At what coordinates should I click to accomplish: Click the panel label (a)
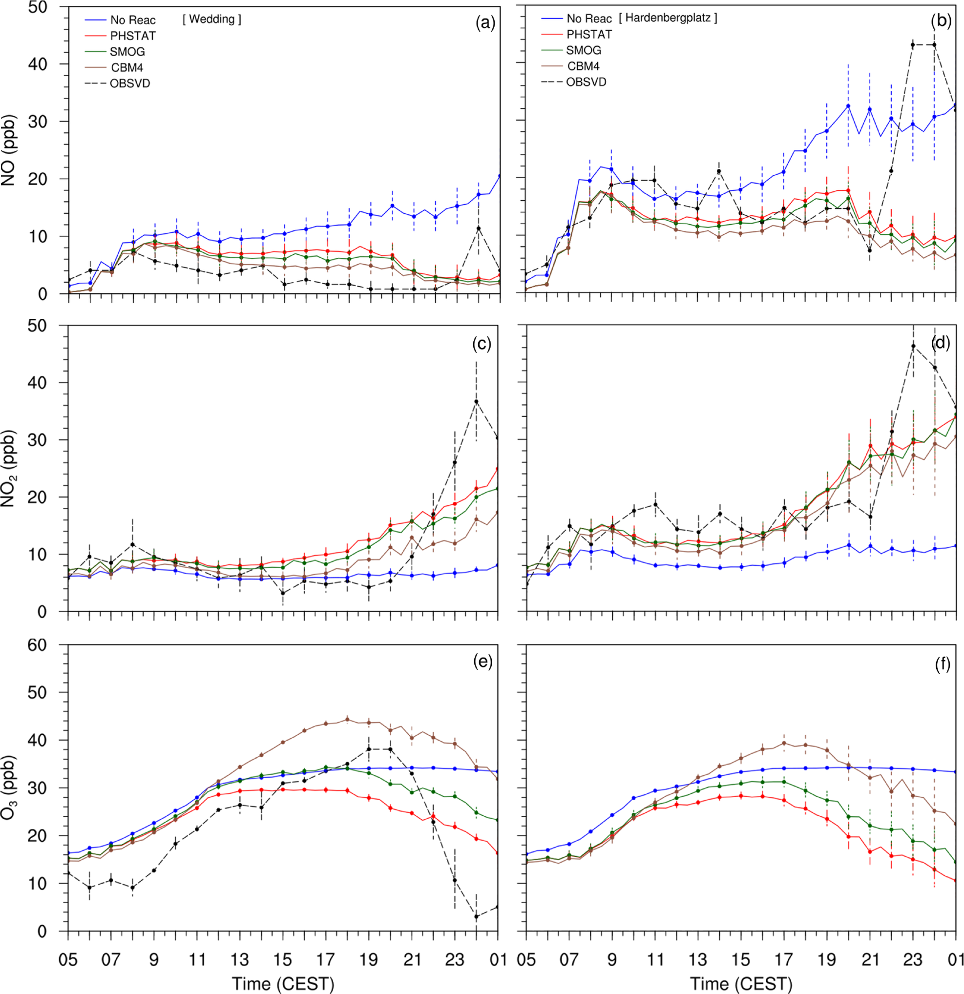coord(484,23)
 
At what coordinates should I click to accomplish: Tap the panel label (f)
coord(942,664)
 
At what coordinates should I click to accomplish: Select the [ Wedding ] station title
coord(211,19)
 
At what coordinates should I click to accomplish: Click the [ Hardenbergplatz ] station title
coord(668,18)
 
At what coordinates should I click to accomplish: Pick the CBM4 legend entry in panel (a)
coord(127,67)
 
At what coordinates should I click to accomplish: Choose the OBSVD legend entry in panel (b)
coord(586,82)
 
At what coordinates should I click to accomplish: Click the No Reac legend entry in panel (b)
coord(589,19)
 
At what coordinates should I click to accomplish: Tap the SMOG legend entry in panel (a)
coord(127,52)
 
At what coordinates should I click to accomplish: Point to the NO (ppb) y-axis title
coord(9,151)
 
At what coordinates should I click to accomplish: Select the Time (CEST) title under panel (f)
coord(741,984)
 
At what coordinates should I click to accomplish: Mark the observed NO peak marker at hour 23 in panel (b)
coord(913,45)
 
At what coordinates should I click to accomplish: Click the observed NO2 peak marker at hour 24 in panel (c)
coord(477,402)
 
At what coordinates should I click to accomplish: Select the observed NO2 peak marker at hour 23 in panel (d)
coord(913,346)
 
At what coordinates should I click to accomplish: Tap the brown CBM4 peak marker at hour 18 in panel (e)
coord(347,719)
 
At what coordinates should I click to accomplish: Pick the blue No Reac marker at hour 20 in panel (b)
coord(848,106)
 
